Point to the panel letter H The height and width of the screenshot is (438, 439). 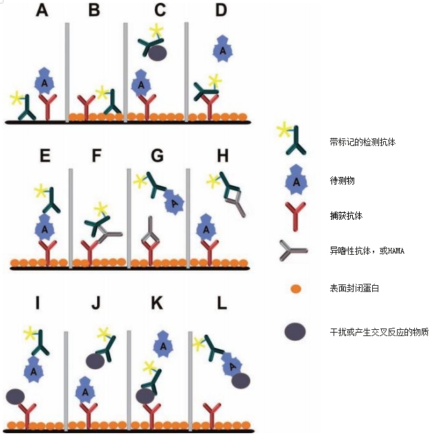pos(222,156)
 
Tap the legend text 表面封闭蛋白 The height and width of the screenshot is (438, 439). pos(354,288)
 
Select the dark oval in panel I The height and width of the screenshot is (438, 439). pos(16,396)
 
